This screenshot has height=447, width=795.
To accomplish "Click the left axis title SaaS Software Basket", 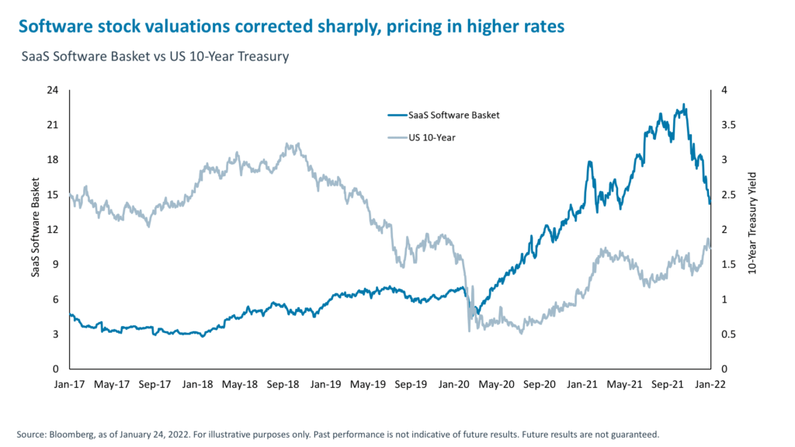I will (36, 230).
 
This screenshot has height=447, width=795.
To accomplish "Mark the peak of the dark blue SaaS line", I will (684, 105).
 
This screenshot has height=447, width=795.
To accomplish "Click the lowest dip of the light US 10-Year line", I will (469, 331).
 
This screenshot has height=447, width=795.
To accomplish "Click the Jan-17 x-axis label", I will (70, 384).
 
